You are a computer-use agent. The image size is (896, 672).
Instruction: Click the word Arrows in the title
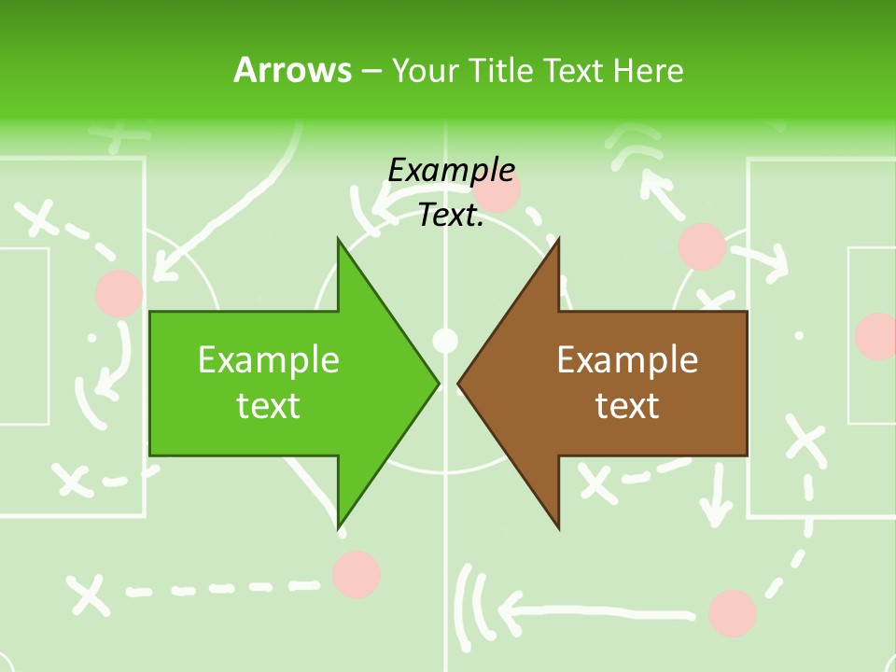292,70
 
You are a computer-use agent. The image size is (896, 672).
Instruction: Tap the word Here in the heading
648,70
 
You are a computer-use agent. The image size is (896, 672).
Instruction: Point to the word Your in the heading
423,71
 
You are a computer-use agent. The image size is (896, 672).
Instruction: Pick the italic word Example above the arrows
451,171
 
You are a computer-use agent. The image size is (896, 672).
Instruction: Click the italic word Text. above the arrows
451,216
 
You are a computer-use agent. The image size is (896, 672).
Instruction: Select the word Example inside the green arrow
269,360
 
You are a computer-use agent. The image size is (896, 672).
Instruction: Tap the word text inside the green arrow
269,406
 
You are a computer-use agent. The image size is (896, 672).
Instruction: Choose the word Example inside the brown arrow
627,360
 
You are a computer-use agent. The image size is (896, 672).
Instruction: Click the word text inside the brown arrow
627,406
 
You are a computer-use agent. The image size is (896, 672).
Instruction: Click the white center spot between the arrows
446,339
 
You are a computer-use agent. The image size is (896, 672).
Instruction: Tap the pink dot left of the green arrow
119,293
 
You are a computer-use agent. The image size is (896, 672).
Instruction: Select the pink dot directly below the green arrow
357,574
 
